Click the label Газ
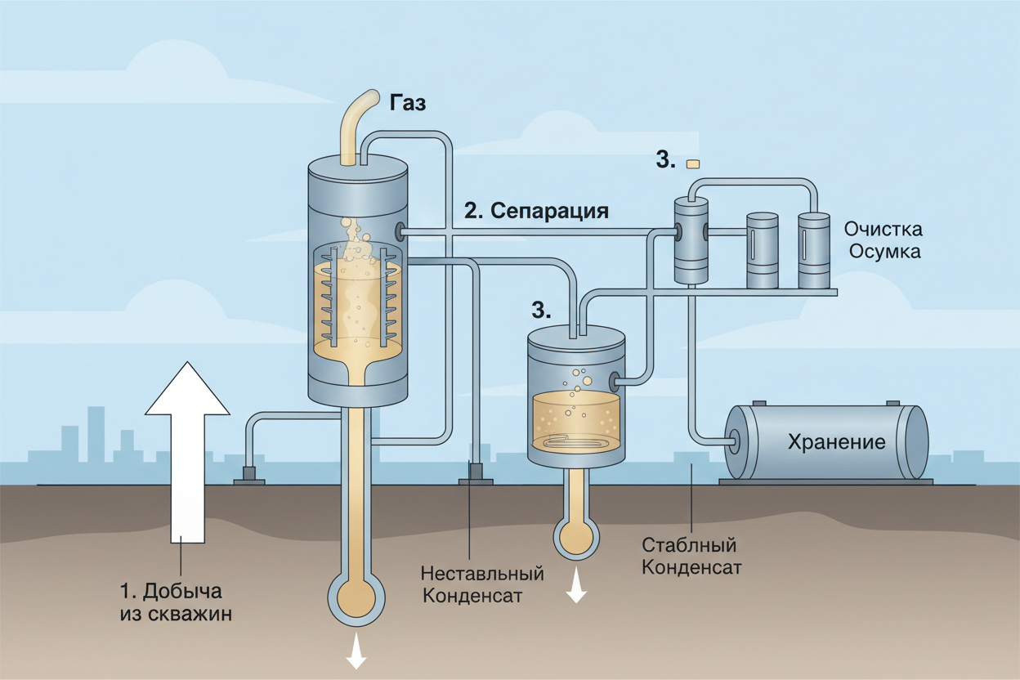coord(408,103)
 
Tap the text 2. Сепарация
coord(536,210)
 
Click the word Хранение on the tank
coord(836,443)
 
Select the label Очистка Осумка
coord(884,239)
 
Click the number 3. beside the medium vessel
coord(541,309)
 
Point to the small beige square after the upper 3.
coord(694,163)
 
